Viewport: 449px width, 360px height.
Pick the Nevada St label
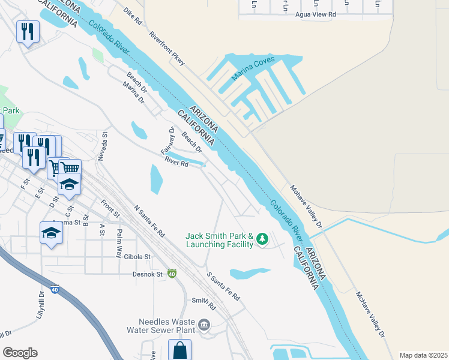click(102, 146)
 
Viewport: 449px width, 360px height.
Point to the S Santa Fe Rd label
click(223, 287)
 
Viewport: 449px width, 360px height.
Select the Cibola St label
click(137, 256)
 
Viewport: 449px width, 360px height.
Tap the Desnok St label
click(148, 274)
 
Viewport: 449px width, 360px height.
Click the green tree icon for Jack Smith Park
click(262, 239)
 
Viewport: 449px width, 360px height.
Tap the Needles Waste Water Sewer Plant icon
click(204, 325)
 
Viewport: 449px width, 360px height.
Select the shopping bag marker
click(179, 350)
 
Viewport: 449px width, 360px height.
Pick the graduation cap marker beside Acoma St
click(51, 232)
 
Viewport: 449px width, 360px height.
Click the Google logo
click(20, 353)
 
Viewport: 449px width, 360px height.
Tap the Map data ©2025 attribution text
click(423, 355)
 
